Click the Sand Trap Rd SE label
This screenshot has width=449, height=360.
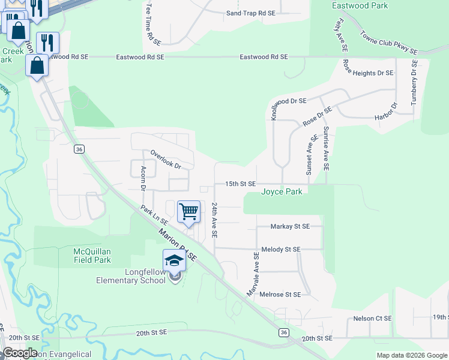point(250,13)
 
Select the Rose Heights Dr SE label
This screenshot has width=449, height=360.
point(368,73)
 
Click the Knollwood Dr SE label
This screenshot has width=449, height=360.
point(289,101)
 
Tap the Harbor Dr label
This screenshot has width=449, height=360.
point(387,112)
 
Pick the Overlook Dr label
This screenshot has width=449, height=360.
point(166,159)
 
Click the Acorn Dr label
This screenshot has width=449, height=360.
point(143,178)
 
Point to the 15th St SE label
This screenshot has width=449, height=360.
point(240,184)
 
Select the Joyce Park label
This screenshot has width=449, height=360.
point(282,192)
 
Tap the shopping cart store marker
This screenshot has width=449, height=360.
point(188,211)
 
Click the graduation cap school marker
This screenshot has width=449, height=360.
point(174,260)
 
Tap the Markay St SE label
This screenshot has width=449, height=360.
point(289,226)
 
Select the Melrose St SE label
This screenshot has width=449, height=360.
point(280,295)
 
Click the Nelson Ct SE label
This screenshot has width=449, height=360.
point(372,319)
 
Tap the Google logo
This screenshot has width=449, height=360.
point(20,352)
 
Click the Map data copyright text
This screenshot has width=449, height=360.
point(412,355)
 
